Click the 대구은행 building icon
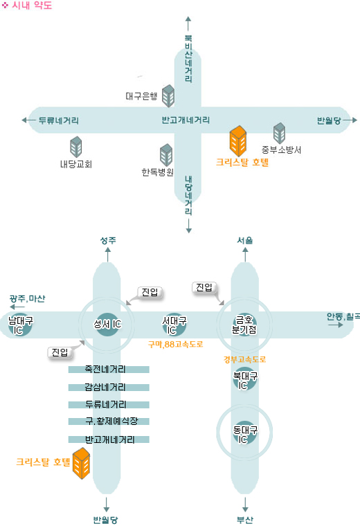tap(168, 96)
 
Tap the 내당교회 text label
tap(76, 164)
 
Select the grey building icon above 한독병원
tap(166, 155)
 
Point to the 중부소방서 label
tap(281, 149)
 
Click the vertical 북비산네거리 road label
tap(188, 58)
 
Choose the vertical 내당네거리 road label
tap(188, 195)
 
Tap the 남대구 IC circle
tap(20, 325)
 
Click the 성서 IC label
tap(107, 324)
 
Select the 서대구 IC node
tap(174, 325)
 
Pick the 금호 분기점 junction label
tap(244, 325)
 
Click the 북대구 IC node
tap(245, 380)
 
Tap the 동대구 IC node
tap(245, 434)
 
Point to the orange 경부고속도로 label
tap(244, 360)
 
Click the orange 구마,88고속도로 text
tap(175, 344)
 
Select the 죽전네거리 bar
tap(109, 370)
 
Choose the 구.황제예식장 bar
tap(109, 421)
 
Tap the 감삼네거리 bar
tap(109, 388)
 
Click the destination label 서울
tap(245, 240)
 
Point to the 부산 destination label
tap(245, 520)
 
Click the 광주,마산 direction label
tap(27, 298)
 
